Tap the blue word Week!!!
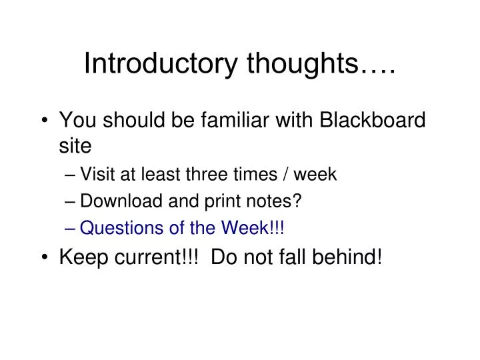tap(257, 229)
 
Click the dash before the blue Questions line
tap(71, 229)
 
